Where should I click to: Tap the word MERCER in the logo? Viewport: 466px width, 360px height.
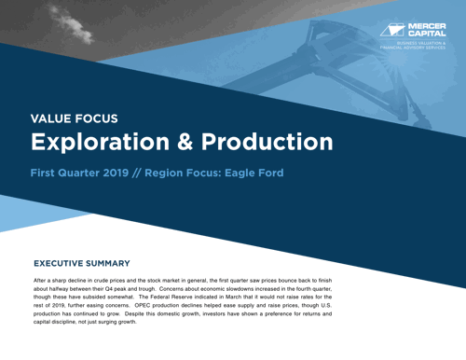pyautogui.click(x=426, y=26)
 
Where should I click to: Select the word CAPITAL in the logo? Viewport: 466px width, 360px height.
pyautogui.click(x=426, y=35)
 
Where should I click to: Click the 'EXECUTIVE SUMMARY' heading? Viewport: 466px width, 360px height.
pyautogui.click(x=88, y=264)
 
